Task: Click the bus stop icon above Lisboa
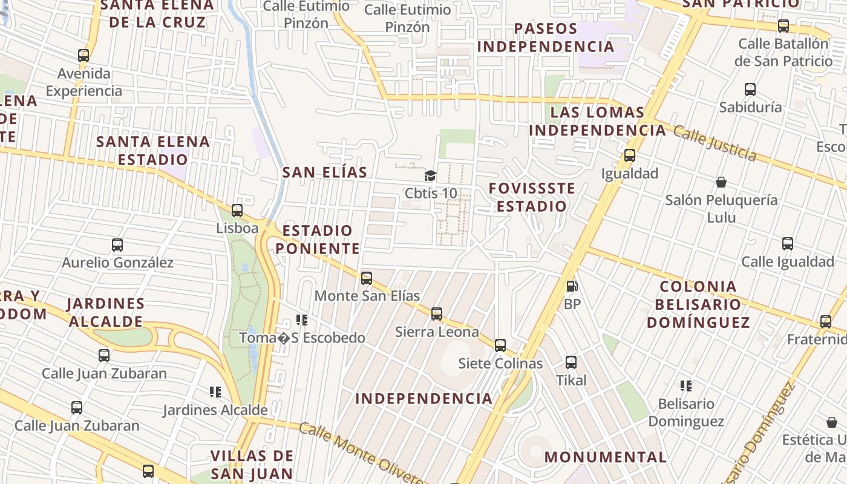tap(237, 211)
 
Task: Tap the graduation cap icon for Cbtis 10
tap(430, 176)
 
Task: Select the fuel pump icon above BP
tap(572, 286)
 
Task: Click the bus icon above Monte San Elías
tap(367, 278)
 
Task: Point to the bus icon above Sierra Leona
tap(437, 314)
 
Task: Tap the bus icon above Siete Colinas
tap(500, 345)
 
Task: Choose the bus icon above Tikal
tap(571, 362)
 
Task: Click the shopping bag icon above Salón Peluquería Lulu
tap(721, 182)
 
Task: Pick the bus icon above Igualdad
tap(630, 155)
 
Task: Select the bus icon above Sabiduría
tap(750, 90)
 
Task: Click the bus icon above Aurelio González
tap(117, 245)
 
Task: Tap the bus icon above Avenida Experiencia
tap(83, 56)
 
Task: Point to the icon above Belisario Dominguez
tap(685, 385)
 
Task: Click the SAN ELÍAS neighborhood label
tap(325, 172)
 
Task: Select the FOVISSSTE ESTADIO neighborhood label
tap(532, 197)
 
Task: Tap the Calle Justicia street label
tap(715, 143)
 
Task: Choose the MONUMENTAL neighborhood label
tap(606, 457)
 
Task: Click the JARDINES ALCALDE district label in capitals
tap(106, 312)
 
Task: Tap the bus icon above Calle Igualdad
tap(788, 244)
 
